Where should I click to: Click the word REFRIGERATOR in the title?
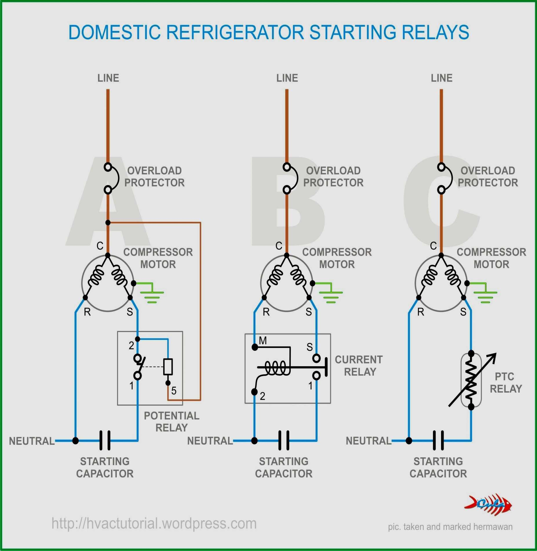tap(235, 32)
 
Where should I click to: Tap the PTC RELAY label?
tap(505, 382)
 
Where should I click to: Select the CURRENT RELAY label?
tap(359, 366)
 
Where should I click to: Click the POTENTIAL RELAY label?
tap(172, 422)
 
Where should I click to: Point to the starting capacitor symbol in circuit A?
tap(105, 441)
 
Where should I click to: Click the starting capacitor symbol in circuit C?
tap(438, 441)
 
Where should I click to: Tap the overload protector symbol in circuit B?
tap(291, 178)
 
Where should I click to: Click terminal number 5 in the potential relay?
tap(174, 391)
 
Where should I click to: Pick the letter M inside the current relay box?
tap(263, 341)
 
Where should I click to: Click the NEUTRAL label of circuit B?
tap(210, 441)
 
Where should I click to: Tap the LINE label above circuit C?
tap(441, 78)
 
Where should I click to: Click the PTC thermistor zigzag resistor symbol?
tap(471, 380)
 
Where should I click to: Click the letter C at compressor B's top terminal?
tap(279, 246)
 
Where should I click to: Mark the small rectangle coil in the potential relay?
tap(168, 367)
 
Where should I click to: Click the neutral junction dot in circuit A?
tap(75, 441)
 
